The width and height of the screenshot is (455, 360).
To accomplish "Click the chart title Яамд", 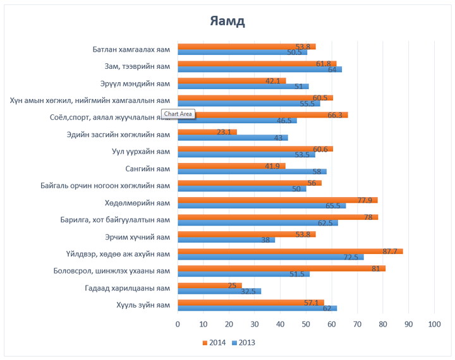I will [227, 21].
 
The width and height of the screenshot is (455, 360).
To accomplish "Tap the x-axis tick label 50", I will [306, 324].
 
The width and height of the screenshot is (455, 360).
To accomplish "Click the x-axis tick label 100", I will [434, 324].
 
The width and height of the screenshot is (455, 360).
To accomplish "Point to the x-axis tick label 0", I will [178, 324].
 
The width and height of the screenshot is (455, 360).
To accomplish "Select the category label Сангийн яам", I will [148, 169].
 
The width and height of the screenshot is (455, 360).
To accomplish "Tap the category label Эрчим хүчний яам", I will [137, 237].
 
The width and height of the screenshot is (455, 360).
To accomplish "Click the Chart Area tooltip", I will [178, 114].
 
